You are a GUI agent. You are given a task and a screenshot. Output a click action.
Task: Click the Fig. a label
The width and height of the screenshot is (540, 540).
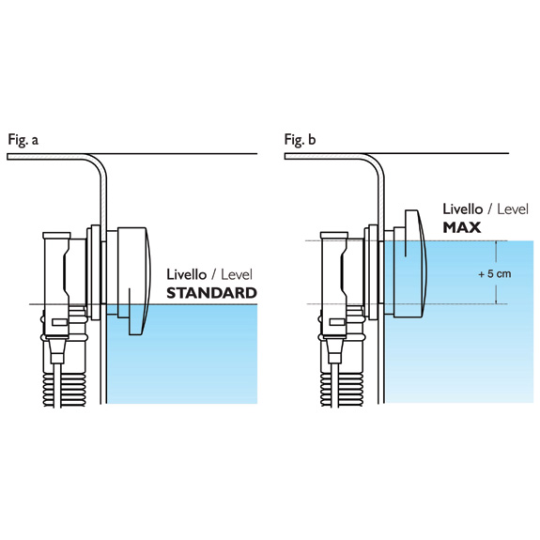23,140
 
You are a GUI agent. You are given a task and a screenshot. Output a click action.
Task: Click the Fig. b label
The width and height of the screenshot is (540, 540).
300,140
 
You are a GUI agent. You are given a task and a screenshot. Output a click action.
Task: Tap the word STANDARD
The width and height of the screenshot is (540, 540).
212,293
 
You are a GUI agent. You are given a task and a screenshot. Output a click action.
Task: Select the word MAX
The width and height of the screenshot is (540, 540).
461,227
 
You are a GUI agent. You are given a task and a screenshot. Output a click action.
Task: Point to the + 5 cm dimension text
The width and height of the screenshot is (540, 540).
495,274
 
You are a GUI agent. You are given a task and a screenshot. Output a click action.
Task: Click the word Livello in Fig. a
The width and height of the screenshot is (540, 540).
186,274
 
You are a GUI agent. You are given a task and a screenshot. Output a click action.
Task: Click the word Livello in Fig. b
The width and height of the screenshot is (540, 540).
462,209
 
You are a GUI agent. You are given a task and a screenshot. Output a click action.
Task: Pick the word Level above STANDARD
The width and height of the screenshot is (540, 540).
237,275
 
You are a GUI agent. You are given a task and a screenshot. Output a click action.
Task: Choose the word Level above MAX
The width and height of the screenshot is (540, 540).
513,209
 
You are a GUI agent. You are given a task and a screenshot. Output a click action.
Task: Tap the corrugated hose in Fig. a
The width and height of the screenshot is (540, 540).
64,389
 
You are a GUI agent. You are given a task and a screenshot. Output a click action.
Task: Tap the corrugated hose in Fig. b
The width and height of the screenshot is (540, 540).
342,389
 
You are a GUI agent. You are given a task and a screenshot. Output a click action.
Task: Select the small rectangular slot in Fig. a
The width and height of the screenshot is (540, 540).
59,322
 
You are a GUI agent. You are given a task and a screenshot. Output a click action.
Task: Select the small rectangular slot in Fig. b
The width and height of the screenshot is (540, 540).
337,322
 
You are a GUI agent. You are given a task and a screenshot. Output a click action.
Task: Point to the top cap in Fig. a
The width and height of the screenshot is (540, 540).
57,236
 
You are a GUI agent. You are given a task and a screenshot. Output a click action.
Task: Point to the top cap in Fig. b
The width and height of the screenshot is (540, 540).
334,236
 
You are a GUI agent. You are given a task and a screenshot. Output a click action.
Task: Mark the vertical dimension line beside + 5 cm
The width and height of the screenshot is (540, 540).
496,272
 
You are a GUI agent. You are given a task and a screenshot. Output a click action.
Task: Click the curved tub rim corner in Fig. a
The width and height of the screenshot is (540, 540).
98,163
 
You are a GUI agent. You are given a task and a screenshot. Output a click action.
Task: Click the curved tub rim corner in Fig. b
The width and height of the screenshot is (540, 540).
375,163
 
